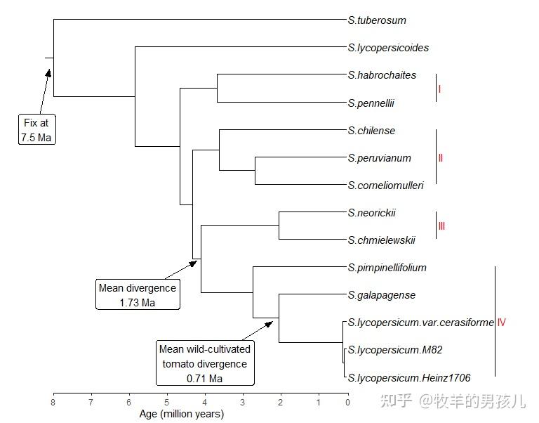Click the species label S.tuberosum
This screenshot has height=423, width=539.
click(x=377, y=20)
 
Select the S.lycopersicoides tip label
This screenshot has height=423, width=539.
click(x=388, y=48)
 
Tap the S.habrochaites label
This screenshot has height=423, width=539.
click(x=382, y=75)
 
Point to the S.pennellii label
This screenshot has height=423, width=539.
click(x=371, y=103)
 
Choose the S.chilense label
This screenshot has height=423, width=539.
click(x=371, y=131)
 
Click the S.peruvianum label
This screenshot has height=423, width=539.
click(x=380, y=158)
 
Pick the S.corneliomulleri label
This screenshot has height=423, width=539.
click(x=385, y=186)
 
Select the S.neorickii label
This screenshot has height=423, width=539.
click(x=372, y=213)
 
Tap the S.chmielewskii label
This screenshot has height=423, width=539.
click(x=381, y=240)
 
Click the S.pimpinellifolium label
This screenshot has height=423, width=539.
click(x=387, y=268)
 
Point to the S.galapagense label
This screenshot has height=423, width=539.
click(x=382, y=295)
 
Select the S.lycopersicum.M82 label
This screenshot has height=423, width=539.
click(x=395, y=350)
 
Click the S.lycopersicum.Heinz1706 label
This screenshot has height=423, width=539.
click(x=409, y=378)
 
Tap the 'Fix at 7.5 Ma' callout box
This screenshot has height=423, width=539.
click(x=36, y=130)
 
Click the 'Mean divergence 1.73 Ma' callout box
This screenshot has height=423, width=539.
click(x=138, y=294)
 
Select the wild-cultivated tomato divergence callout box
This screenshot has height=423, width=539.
click(x=204, y=363)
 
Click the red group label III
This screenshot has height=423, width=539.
click(x=441, y=226)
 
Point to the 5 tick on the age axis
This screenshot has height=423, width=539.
click(x=166, y=402)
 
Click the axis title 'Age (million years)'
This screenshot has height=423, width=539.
click(x=181, y=414)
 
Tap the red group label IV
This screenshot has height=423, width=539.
click(x=501, y=323)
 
